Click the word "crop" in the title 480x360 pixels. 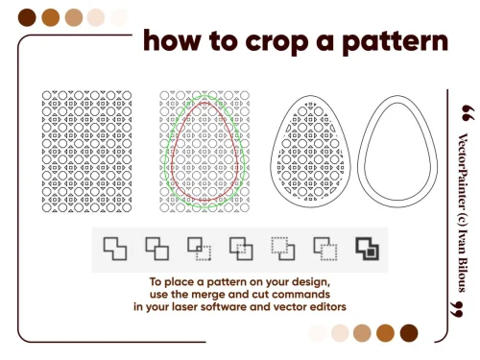pos(276,42)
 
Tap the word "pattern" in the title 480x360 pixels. pos(396,42)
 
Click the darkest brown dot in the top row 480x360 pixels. pos(27,17)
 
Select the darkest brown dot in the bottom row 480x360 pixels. pos(409,333)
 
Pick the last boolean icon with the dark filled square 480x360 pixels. pos(368,249)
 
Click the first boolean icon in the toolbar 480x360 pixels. pos(115,249)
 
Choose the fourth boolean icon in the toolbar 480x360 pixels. pos(241,249)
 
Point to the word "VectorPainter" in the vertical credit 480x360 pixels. pos(464,176)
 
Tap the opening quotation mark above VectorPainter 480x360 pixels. pos(468,113)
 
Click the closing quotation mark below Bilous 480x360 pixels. pos(456,309)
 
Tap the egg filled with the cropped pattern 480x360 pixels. pos(310,152)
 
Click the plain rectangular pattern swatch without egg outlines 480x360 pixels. pos(86,152)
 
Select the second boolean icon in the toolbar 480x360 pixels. pos(157,249)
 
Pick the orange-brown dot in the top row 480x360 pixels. pos(51,17)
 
